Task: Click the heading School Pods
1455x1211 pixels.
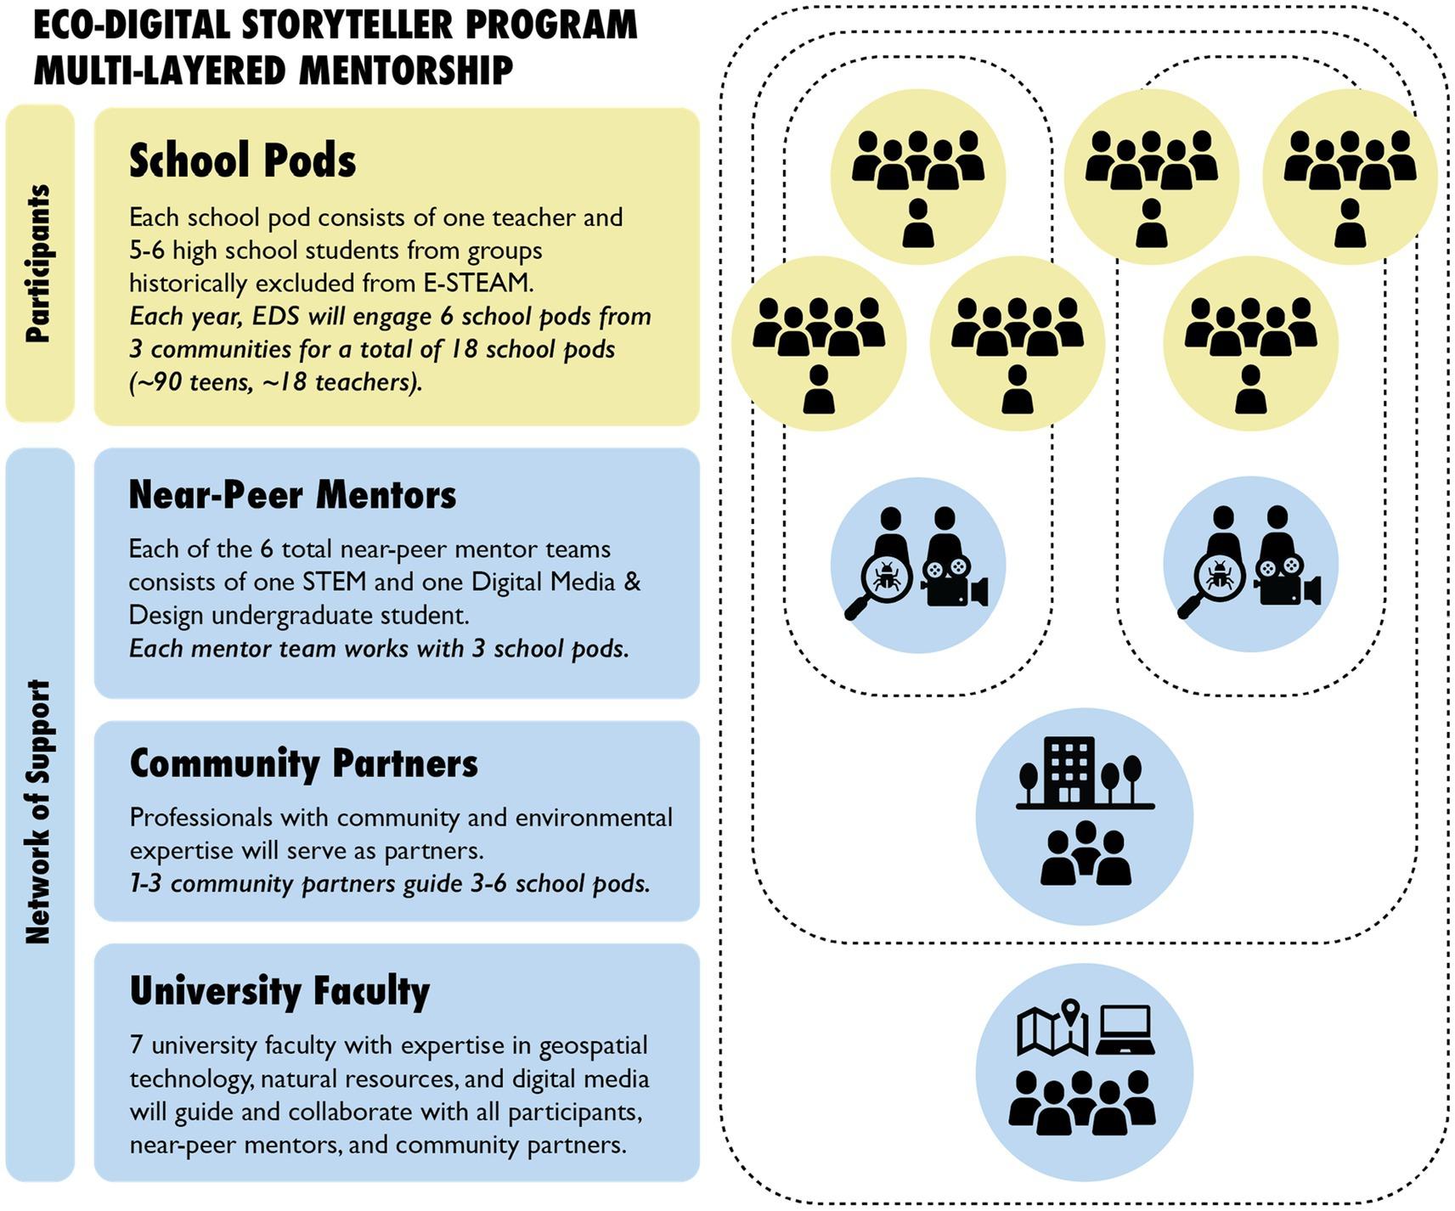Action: (242, 161)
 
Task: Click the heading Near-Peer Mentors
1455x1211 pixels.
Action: (292, 495)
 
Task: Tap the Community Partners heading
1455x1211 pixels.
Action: (303, 763)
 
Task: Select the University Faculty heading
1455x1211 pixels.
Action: (279, 991)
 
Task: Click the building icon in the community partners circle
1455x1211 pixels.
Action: (1069, 770)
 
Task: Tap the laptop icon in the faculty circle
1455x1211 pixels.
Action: (1125, 1029)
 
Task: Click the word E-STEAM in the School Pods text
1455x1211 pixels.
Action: (488, 283)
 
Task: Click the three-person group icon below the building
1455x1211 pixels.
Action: (1085, 853)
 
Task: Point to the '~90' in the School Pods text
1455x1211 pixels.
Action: (155, 383)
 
